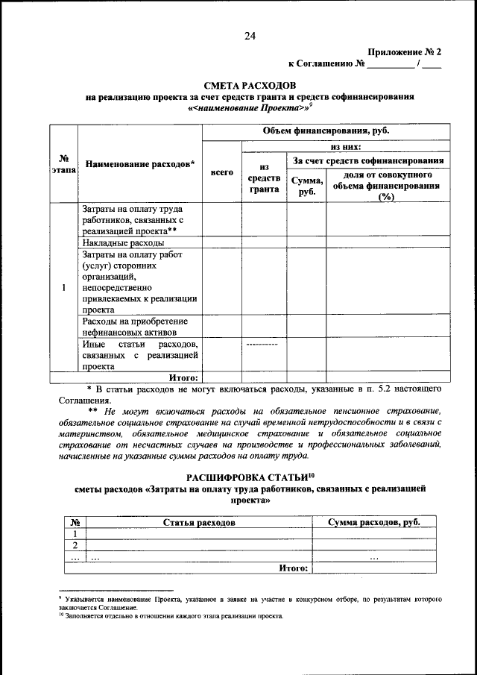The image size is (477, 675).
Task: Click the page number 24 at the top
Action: coord(250,36)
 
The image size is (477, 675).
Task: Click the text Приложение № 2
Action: coord(405,52)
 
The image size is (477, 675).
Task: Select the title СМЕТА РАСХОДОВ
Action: coord(250,86)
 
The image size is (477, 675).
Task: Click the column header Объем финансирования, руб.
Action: coord(326,131)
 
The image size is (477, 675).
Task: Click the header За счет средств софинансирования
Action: coord(369,160)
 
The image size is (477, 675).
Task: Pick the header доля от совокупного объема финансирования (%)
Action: coord(387,186)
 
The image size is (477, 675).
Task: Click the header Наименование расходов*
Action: coord(140,164)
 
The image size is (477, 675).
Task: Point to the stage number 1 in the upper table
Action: coord(64,287)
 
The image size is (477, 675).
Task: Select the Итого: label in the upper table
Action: coord(183,377)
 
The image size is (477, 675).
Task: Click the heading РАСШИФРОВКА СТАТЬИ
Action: coord(250,477)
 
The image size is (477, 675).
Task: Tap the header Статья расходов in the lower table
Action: coord(199,523)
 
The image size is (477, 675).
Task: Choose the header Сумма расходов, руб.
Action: coord(374,523)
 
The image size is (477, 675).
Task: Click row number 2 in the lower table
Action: coord(75,545)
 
